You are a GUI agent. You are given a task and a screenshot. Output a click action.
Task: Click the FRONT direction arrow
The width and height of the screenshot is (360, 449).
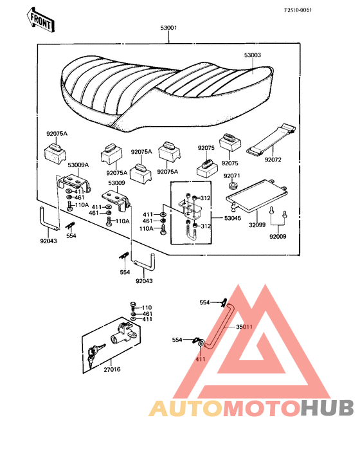[40, 20]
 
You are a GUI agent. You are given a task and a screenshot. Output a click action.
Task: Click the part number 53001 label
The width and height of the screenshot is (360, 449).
[168, 28]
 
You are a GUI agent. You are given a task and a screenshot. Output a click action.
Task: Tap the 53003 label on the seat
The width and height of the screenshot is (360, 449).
[253, 55]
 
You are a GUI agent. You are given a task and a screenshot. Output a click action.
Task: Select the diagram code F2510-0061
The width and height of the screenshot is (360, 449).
[298, 10]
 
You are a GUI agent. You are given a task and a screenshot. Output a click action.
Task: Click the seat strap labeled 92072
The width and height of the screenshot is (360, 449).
[271, 140]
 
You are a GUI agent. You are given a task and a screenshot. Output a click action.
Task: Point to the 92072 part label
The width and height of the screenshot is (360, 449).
[273, 160]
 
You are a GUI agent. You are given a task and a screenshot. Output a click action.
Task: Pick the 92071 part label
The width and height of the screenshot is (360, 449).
[232, 176]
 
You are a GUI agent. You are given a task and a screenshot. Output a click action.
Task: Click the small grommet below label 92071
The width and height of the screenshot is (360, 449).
[233, 185]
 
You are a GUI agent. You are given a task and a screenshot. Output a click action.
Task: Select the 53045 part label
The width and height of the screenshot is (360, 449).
[233, 218]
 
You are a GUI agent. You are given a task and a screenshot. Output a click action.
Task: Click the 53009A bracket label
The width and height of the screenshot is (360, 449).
[78, 165]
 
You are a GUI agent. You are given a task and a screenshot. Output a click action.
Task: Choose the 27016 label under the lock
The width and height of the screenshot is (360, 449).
[112, 370]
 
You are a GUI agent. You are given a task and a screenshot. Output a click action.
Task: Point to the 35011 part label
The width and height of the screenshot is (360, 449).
[244, 327]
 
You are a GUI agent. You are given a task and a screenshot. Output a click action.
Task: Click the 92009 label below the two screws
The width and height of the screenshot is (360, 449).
[278, 237]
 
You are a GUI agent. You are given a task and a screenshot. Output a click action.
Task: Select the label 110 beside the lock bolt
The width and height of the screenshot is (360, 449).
[147, 308]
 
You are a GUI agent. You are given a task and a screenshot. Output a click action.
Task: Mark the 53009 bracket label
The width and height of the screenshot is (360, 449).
[116, 183]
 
